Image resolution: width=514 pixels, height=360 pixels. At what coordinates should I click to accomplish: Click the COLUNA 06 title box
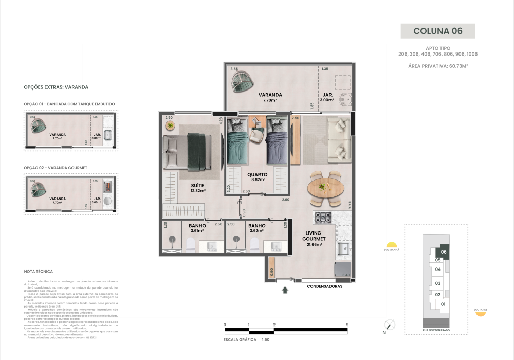(437, 31)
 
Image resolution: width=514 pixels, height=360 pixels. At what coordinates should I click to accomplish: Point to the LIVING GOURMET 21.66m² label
(311, 239)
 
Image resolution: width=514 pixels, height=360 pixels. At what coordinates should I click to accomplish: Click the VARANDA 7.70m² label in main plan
(270, 97)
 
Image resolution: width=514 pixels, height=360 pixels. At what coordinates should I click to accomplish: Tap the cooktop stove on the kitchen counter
(323, 218)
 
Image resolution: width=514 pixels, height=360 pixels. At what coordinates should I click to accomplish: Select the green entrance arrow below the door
(285, 291)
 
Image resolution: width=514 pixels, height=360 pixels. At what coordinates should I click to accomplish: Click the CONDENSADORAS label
(324, 286)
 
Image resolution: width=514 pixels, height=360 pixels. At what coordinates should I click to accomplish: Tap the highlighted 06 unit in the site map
(443, 252)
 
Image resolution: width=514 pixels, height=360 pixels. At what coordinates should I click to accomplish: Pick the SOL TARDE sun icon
(481, 314)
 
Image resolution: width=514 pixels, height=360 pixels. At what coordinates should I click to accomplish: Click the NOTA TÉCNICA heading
(39, 271)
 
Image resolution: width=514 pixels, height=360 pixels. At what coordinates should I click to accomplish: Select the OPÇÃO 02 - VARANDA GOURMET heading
(56, 168)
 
